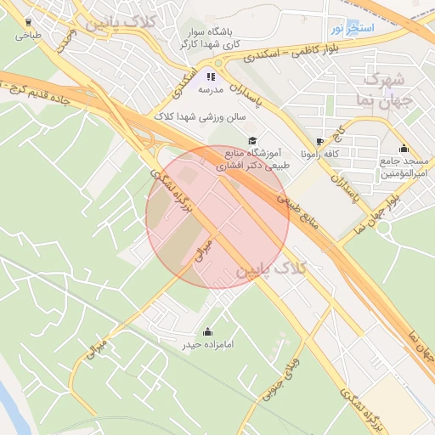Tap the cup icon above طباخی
(x=29, y=22)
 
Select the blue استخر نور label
(x=349, y=29)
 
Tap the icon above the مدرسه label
(x=211, y=76)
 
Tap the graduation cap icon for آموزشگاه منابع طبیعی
(x=251, y=141)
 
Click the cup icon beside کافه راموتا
(x=319, y=142)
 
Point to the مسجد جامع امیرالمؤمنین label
(x=403, y=167)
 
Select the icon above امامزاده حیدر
(x=208, y=331)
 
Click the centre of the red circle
(x=217, y=217)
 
